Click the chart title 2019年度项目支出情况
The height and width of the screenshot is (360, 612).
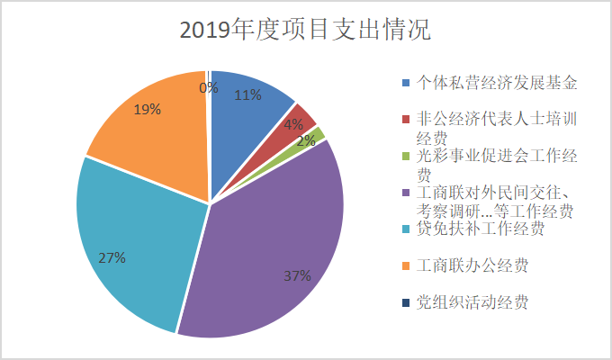[x=305, y=29]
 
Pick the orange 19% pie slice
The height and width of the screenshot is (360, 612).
[x=153, y=135]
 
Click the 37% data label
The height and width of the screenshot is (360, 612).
[x=297, y=275]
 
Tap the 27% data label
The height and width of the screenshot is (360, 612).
[x=112, y=257]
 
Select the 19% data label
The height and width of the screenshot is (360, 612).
[x=148, y=110]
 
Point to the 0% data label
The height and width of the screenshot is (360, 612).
[x=208, y=87]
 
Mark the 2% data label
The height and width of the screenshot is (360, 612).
[x=307, y=140]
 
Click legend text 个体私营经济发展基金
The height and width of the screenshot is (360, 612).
[x=496, y=83]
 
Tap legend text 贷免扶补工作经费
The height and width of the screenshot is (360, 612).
[x=481, y=229]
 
